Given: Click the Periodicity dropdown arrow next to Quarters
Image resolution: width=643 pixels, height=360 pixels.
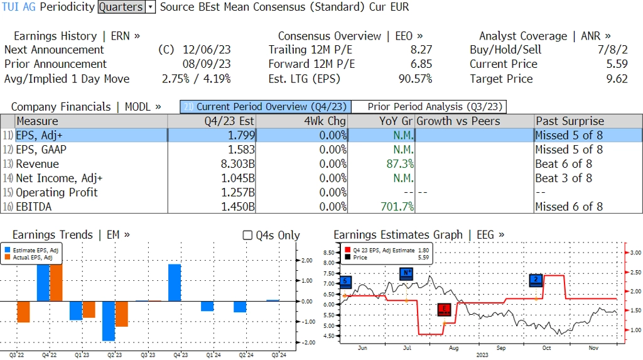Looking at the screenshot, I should click(150, 7).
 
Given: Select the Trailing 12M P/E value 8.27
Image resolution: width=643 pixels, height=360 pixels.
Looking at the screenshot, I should click(419, 50).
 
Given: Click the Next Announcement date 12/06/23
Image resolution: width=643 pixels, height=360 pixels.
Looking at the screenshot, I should click(207, 50).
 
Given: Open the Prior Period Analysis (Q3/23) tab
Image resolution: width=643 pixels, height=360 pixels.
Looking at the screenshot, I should click(428, 107).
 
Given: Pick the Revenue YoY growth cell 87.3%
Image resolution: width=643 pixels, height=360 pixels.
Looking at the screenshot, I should click(396, 164).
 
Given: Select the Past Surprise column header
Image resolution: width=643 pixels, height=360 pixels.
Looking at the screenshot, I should click(570, 121).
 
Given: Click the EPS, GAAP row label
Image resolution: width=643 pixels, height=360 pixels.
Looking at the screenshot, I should click(41, 150).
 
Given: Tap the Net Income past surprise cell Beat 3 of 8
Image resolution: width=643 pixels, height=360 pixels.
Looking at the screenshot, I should click(563, 178).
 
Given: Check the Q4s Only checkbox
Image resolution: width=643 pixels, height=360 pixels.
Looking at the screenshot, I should click(247, 235).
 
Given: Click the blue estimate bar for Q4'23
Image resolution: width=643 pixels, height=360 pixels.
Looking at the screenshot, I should click(175, 282).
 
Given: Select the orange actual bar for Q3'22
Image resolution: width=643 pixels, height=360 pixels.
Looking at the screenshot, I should click(23, 312).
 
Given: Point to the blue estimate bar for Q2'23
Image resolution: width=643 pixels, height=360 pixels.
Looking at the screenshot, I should click(109, 320).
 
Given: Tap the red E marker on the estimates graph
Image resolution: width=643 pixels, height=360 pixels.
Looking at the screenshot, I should click(445, 308).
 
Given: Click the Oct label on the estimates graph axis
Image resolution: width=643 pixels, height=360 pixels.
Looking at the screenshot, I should click(546, 347).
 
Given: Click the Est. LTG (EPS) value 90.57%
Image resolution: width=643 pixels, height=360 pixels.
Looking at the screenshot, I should click(415, 79).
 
